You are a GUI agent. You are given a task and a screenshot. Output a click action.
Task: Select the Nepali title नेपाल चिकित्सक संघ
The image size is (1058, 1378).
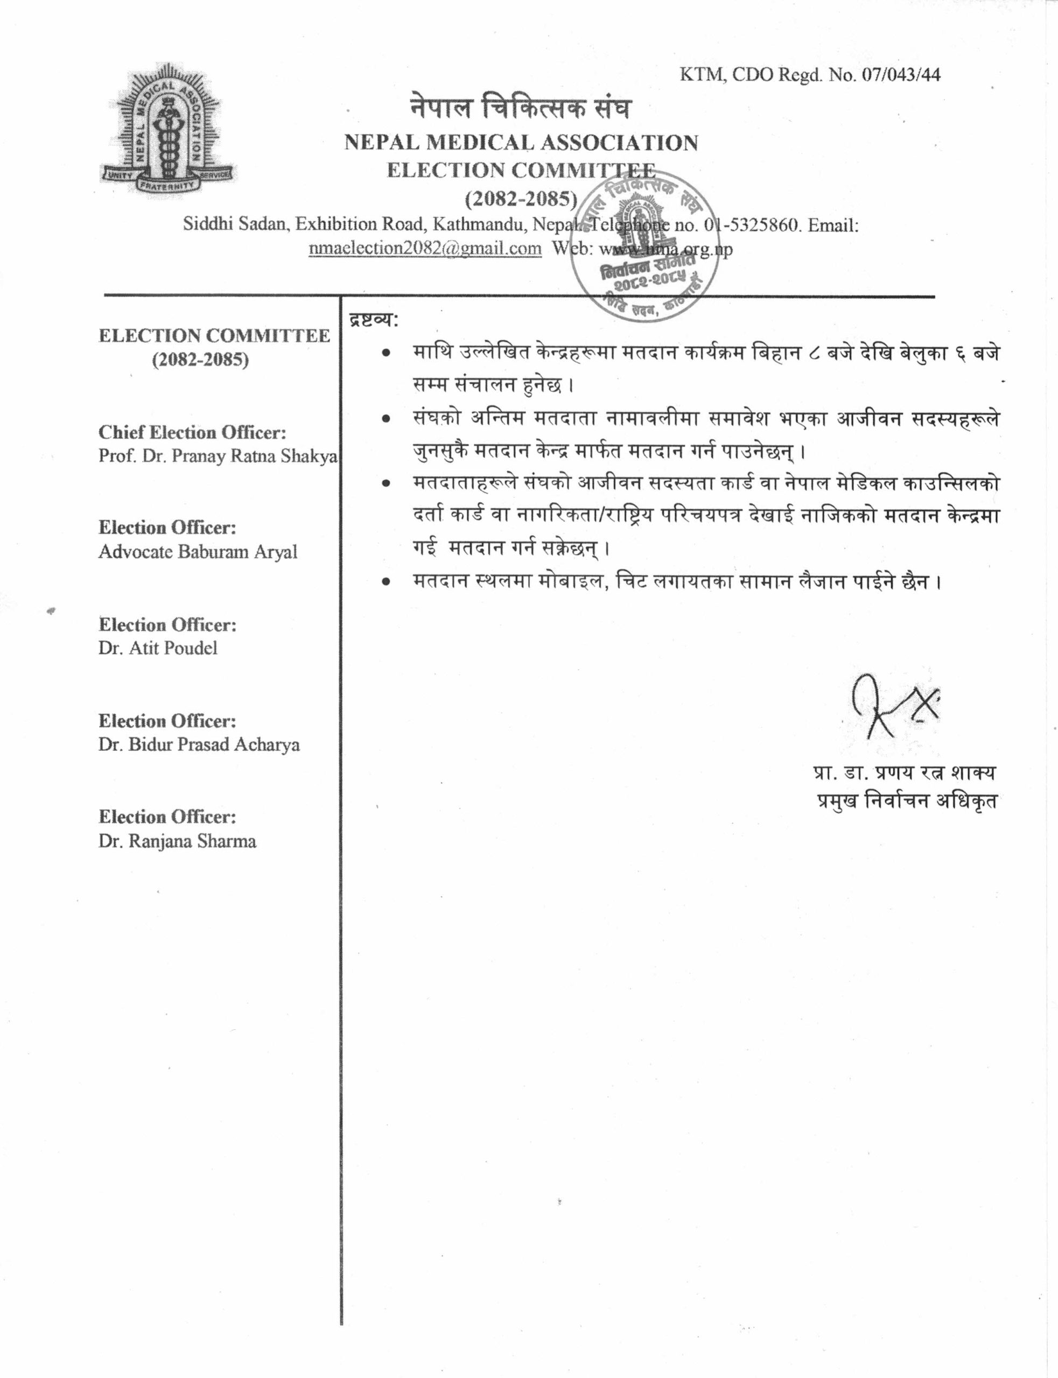click(520, 108)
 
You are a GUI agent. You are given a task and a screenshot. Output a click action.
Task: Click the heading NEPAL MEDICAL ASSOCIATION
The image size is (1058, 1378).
click(521, 143)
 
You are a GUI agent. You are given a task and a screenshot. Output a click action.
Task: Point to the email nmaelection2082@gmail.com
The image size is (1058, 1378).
click(425, 248)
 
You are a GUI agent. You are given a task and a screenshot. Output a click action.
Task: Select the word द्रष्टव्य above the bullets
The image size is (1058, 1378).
click(372, 320)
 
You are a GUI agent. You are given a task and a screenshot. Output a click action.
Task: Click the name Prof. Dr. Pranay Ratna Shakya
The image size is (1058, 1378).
click(218, 456)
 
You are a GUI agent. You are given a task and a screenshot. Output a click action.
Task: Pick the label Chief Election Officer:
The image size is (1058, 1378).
click(192, 432)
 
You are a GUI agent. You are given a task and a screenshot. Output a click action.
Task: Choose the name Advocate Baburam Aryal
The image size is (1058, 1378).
click(197, 552)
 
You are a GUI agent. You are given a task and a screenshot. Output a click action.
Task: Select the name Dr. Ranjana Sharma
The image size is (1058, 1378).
click(177, 841)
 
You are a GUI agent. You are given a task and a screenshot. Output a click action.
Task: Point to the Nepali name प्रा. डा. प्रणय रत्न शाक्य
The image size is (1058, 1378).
click(905, 772)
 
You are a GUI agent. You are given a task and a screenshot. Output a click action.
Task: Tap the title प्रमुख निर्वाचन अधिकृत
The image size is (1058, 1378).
click(907, 802)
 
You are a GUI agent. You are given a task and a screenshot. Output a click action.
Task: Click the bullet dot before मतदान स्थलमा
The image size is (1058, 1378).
click(386, 583)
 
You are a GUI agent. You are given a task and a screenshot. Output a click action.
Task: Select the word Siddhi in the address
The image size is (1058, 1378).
click(204, 225)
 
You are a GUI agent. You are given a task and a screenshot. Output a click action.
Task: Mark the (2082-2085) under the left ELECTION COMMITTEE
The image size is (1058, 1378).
click(200, 360)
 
